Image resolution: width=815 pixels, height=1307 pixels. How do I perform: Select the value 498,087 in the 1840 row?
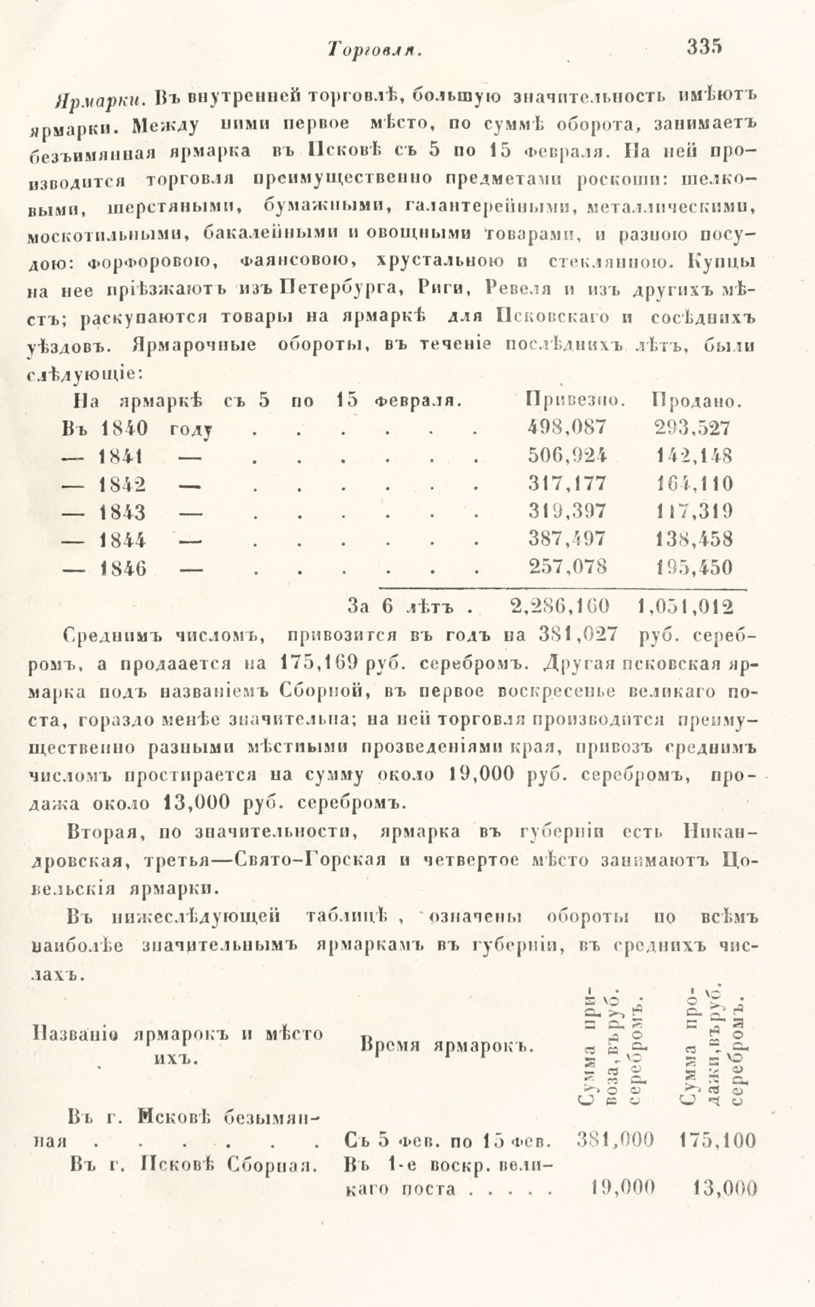[x=567, y=427]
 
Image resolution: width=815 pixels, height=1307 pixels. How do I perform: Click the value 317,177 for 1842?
[x=567, y=484]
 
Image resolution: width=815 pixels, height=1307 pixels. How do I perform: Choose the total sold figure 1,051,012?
[x=687, y=604]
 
